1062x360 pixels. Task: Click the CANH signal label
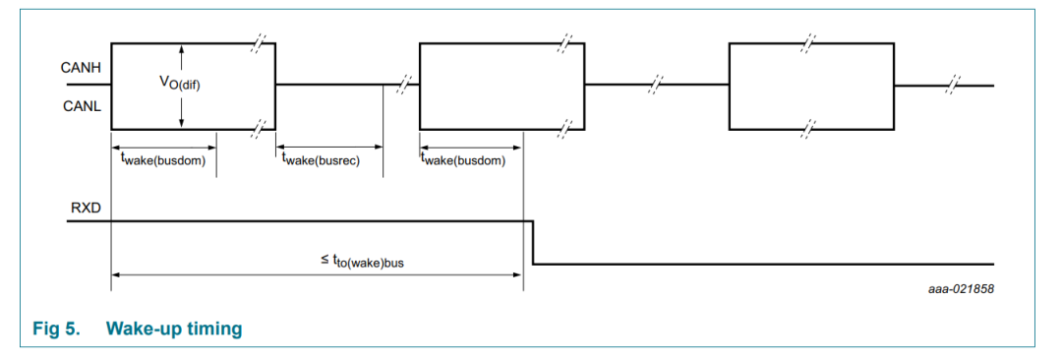[x=82, y=68]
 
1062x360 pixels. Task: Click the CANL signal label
[x=83, y=105]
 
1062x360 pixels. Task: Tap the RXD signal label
[x=86, y=208]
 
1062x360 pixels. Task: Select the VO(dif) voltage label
[x=180, y=84]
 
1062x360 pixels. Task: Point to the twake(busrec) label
[x=321, y=160]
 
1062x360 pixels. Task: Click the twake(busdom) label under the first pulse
[x=162, y=160]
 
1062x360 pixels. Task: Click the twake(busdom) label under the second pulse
[x=463, y=160]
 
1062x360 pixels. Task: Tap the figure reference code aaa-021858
[x=961, y=289]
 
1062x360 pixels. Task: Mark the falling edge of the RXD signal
[x=533, y=242]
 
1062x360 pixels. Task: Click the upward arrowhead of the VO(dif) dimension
[x=182, y=48]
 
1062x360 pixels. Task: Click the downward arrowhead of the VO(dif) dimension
[x=182, y=123]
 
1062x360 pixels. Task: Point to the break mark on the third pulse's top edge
[x=807, y=44]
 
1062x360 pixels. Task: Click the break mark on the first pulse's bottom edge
[x=258, y=129]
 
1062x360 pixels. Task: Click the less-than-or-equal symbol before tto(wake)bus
[x=325, y=259]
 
